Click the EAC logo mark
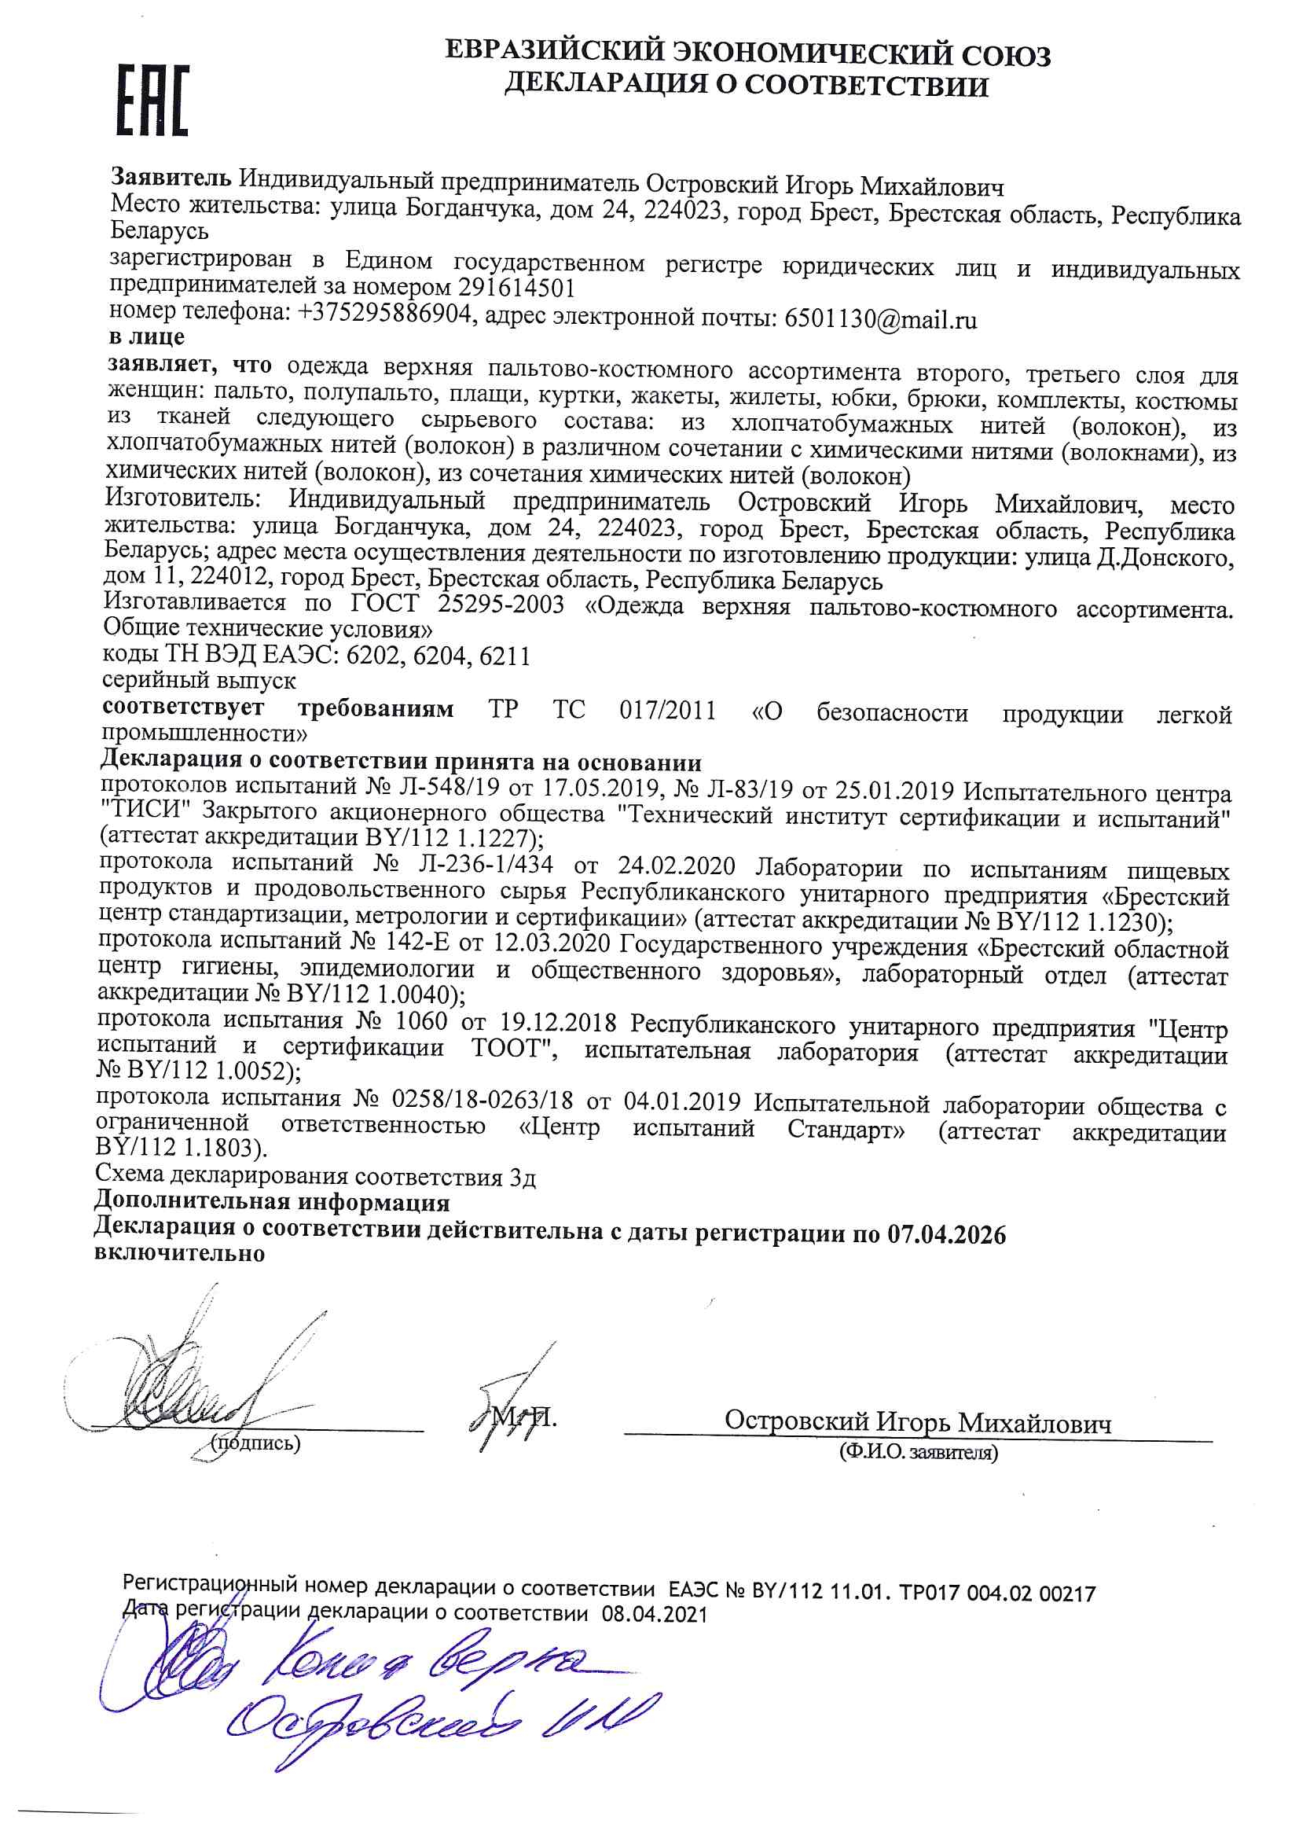[154, 100]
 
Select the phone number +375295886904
[384, 314]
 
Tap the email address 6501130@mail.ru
[880, 319]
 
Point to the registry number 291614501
[517, 288]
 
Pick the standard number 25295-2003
[501, 603]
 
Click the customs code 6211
[505, 656]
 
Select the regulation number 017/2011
[667, 710]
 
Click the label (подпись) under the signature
[255, 1443]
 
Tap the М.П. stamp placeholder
[524, 1417]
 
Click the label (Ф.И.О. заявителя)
[918, 1452]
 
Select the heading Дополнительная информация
[272, 1202]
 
